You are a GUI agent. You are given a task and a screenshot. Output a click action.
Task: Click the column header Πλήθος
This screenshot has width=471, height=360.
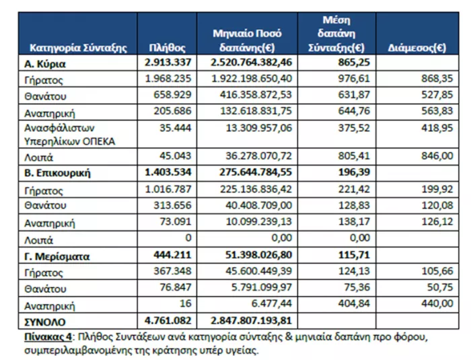[167, 48]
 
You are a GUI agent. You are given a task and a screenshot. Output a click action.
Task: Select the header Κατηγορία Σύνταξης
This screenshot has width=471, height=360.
[78, 48]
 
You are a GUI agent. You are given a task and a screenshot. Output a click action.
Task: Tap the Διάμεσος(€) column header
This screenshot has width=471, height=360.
[417, 48]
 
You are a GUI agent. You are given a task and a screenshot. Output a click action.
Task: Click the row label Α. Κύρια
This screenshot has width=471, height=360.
[45, 64]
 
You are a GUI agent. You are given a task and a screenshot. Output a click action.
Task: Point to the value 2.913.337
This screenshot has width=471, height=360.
[168, 62]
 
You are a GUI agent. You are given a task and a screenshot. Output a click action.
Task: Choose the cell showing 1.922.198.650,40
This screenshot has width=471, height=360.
[252, 79]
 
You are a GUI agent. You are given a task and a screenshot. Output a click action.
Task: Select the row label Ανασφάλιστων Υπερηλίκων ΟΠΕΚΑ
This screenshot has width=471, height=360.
[69, 135]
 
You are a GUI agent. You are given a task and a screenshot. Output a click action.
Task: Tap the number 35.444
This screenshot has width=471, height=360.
[175, 128]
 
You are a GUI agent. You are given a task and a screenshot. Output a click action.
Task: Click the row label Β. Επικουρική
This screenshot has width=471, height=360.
[57, 173]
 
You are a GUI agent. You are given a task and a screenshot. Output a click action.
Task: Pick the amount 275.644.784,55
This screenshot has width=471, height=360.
[255, 172]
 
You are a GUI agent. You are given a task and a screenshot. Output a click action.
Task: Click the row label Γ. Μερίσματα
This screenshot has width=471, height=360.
[57, 256]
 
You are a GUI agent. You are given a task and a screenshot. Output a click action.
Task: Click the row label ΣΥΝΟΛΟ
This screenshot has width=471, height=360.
[45, 322]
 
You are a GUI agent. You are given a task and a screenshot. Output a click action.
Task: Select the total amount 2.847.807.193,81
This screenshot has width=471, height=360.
[251, 320]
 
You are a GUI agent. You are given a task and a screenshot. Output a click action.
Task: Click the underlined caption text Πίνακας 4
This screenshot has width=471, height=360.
[48, 337]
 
